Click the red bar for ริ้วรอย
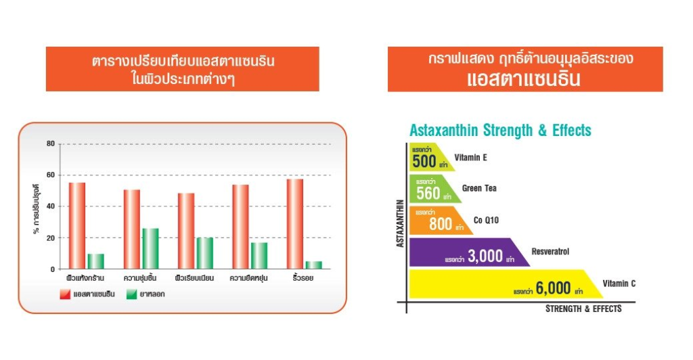(295, 224)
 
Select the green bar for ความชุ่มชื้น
(150, 249)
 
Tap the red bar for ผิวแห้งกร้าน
(77, 226)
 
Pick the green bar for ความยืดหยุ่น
(259, 256)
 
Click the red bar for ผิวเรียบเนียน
(186, 231)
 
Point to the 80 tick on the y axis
(51, 143)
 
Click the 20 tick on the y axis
(51, 238)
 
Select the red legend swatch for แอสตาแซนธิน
(65, 294)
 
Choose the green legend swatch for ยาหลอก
(132, 294)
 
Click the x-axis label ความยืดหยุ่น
(248, 278)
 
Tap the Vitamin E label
(471, 158)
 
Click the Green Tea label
(479, 188)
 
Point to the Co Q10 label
(486, 220)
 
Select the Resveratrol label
(550, 252)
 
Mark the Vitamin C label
(619, 284)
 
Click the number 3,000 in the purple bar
(485, 256)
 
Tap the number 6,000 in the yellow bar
(554, 288)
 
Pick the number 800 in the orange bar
(441, 225)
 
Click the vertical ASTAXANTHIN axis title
(401, 223)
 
